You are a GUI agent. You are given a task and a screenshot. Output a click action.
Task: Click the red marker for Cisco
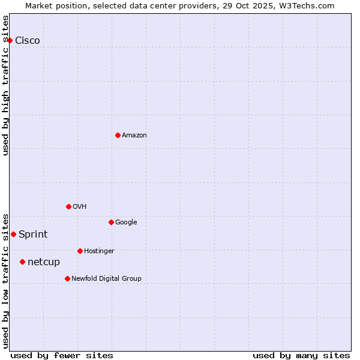point(10,40)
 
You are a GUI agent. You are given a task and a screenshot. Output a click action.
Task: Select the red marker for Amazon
point(118,135)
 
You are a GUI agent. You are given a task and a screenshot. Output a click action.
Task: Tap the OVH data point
point(68,206)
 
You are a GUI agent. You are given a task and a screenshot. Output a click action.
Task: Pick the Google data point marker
point(111,222)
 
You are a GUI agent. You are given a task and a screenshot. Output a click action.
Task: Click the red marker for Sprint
point(13,234)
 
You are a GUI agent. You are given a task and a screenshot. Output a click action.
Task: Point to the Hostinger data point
point(80,251)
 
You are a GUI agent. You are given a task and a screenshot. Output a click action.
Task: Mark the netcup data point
point(22,262)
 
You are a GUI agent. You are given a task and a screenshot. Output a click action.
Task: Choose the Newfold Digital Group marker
point(67,278)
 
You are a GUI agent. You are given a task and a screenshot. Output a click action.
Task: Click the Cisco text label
point(28,40)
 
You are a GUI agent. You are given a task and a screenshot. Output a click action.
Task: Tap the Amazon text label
point(134,135)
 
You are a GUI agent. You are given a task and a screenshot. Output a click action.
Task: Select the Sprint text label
point(33,234)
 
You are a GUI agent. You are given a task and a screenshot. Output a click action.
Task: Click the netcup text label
point(44,262)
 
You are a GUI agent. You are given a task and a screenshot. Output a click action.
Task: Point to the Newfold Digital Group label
point(106,278)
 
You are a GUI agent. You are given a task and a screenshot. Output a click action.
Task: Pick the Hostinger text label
point(99,251)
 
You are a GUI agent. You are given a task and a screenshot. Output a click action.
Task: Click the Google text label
point(126,222)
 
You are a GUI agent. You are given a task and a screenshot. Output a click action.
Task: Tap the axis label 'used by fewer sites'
point(62,355)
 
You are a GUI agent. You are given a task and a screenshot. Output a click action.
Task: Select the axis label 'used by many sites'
point(301,355)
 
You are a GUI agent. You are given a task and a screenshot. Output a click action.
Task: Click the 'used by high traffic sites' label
point(5,85)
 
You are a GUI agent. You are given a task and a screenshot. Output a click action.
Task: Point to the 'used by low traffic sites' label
point(5,280)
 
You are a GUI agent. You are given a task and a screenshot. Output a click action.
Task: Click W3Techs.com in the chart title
point(307,5)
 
